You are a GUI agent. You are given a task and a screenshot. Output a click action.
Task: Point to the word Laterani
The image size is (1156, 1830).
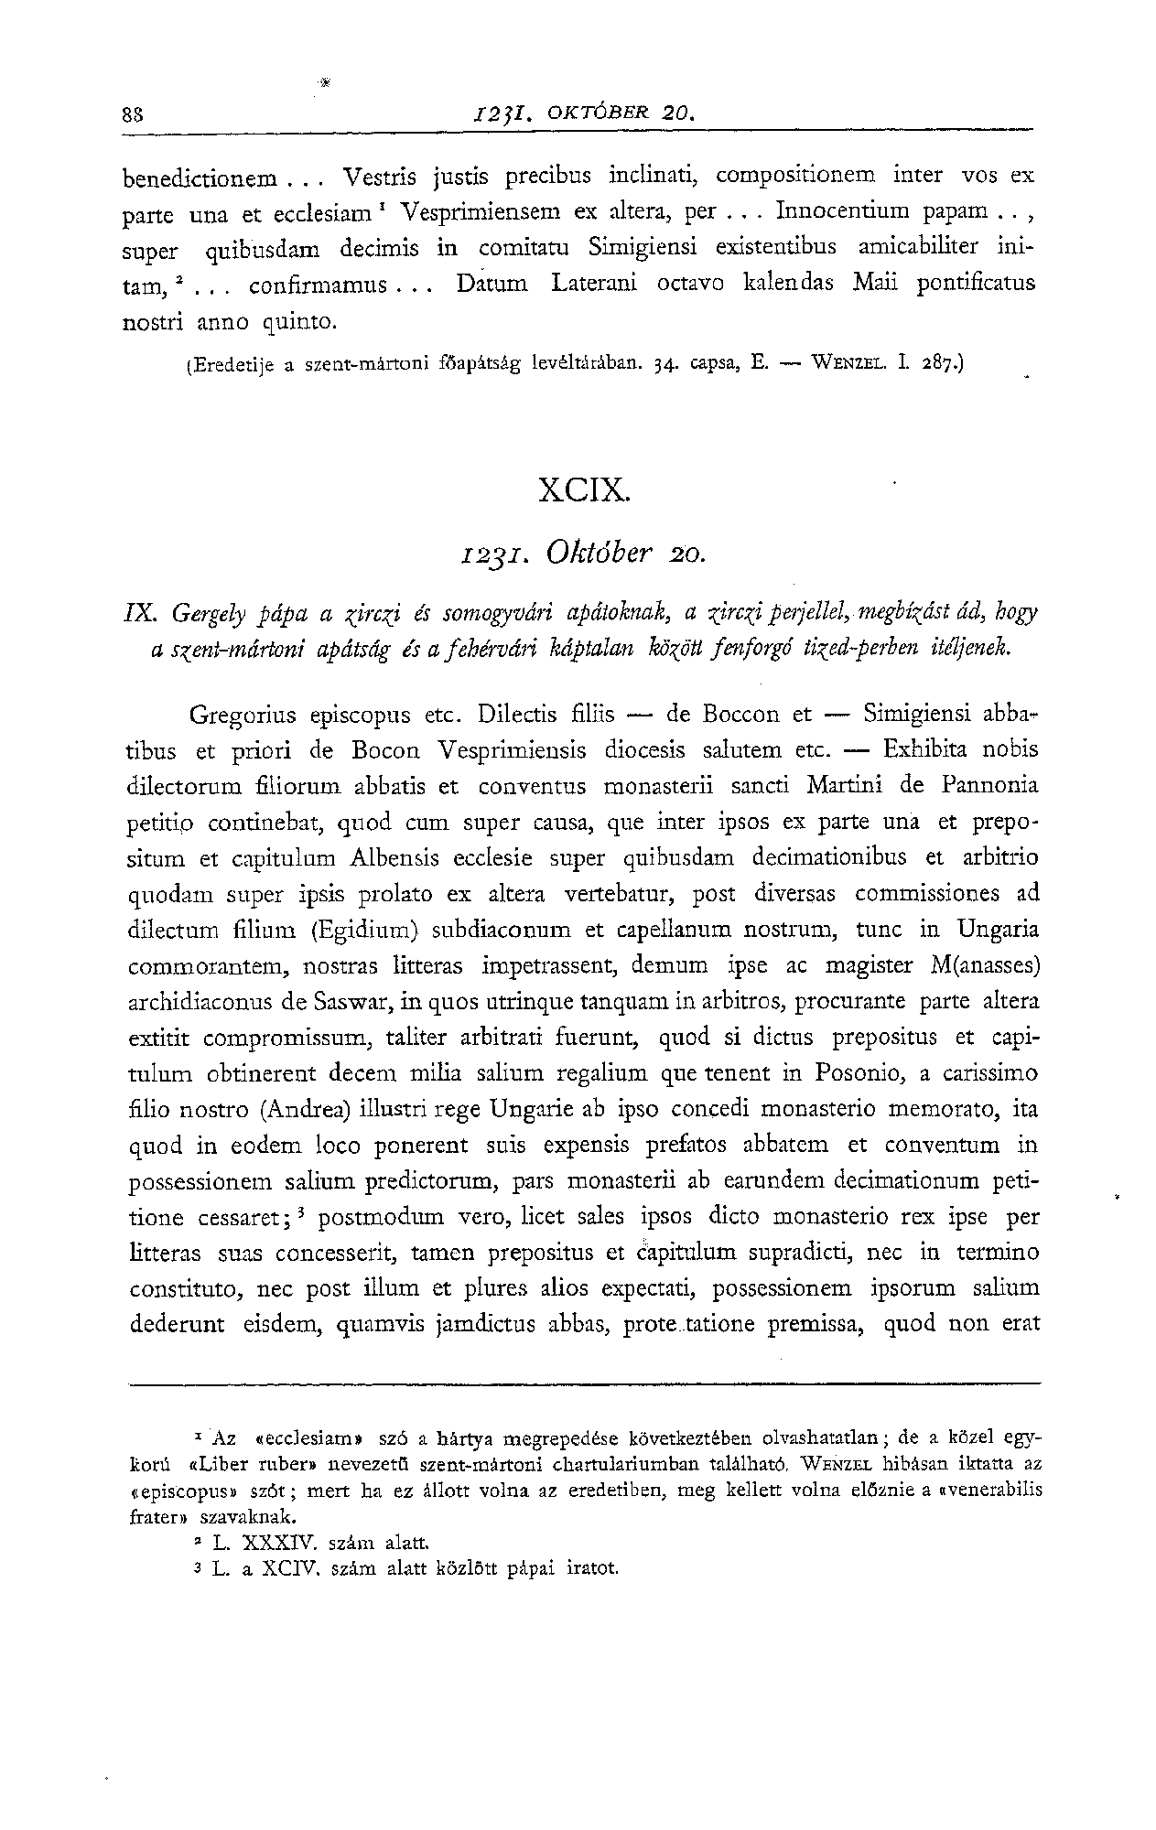[x=595, y=283]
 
